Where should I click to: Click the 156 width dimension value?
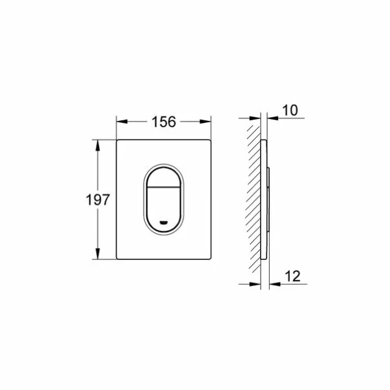pos(164,122)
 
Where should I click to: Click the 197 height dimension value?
pos(97,200)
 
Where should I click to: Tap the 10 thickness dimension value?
pos(290,110)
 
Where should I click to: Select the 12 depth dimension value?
pos(292,276)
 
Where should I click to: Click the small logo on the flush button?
pos(163,222)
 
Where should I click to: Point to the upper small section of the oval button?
pos(164,177)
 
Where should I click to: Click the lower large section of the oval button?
pos(164,208)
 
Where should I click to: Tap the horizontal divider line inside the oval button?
pos(164,187)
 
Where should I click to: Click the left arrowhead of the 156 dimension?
pos(122,122)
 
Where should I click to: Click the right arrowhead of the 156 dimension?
pos(205,122)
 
